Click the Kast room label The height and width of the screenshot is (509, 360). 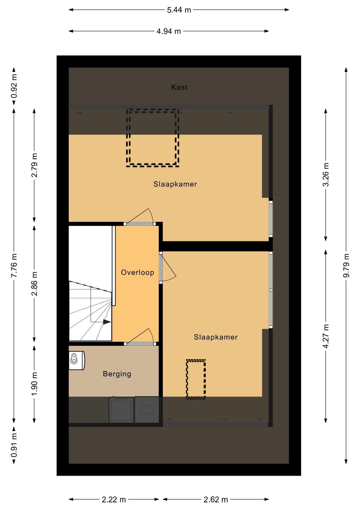tap(179, 87)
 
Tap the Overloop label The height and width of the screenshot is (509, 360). tap(138, 272)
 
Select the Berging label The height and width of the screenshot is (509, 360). tap(117, 374)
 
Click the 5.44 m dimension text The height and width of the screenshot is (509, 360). tap(179, 10)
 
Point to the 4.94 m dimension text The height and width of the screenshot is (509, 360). tap(169, 31)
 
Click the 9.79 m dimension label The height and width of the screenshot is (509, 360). tap(346, 265)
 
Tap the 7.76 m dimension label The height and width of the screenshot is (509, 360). tap(14, 265)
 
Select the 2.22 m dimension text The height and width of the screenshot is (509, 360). tap(114, 500)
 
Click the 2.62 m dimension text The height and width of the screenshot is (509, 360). tap(216, 500)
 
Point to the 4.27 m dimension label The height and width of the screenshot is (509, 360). tap(326, 336)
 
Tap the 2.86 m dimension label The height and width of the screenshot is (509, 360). tap(34, 284)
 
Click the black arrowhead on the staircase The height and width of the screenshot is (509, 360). tap(107, 322)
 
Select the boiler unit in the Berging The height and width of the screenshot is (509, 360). tap(77, 360)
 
